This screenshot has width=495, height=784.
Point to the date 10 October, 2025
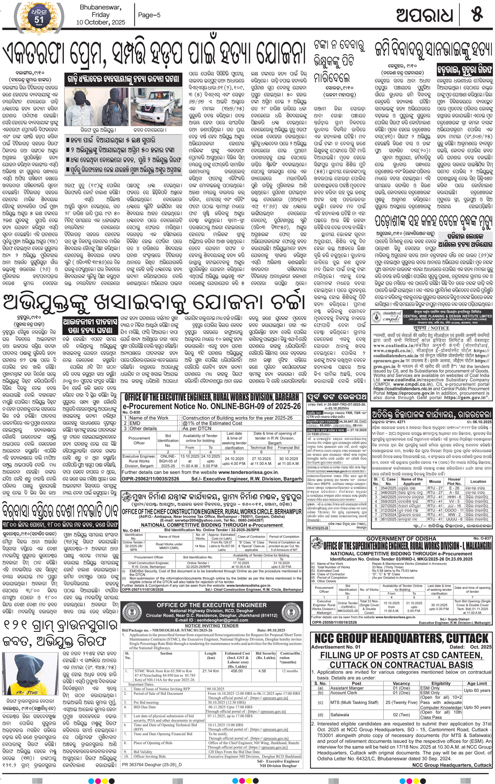pos(101,22)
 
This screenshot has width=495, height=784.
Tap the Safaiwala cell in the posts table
pos(339,715)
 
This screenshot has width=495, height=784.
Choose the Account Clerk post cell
pos(344,692)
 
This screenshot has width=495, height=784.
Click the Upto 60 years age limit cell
pos(477,690)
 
